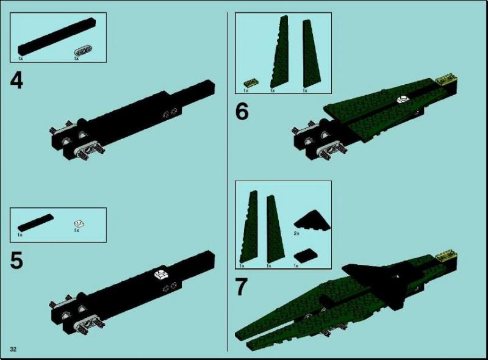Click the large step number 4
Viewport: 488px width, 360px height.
(x=16, y=81)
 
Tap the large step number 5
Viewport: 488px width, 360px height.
(x=16, y=261)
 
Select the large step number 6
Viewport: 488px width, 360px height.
(x=242, y=112)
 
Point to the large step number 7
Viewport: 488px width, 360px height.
(x=242, y=287)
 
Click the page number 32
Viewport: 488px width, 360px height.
(x=13, y=349)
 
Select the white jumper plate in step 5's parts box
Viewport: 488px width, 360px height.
(x=80, y=223)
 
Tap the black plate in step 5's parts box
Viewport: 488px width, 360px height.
(x=35, y=223)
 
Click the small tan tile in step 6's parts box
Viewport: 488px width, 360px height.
(x=251, y=82)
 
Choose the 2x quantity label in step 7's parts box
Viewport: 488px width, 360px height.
(x=296, y=233)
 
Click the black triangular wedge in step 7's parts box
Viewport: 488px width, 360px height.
(x=312, y=220)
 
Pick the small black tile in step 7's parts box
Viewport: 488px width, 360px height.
(x=306, y=256)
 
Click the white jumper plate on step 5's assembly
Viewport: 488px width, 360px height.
(x=162, y=275)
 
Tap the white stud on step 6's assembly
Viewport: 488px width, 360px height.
(x=403, y=99)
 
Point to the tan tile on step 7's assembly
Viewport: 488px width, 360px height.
(x=447, y=256)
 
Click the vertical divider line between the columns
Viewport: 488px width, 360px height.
(x=227, y=182)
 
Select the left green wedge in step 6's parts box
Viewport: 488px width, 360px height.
(x=279, y=52)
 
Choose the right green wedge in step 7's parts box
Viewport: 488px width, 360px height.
(x=276, y=229)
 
